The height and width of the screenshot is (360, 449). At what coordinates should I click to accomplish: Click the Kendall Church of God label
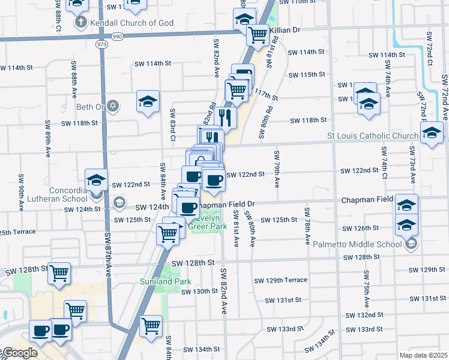click(131, 23)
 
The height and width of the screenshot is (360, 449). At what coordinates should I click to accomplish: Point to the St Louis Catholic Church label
click(373, 136)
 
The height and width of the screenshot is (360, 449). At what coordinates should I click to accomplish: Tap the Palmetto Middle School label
click(369, 244)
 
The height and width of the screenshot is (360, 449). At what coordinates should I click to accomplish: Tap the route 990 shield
click(117, 37)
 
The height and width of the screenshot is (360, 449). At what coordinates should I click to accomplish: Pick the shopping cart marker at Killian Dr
click(258, 34)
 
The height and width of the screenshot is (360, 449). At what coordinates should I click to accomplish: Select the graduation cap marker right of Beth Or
click(148, 101)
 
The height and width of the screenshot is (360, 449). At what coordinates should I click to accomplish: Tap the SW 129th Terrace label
click(280, 280)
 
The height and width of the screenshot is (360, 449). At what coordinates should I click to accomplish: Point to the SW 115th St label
click(306, 74)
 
